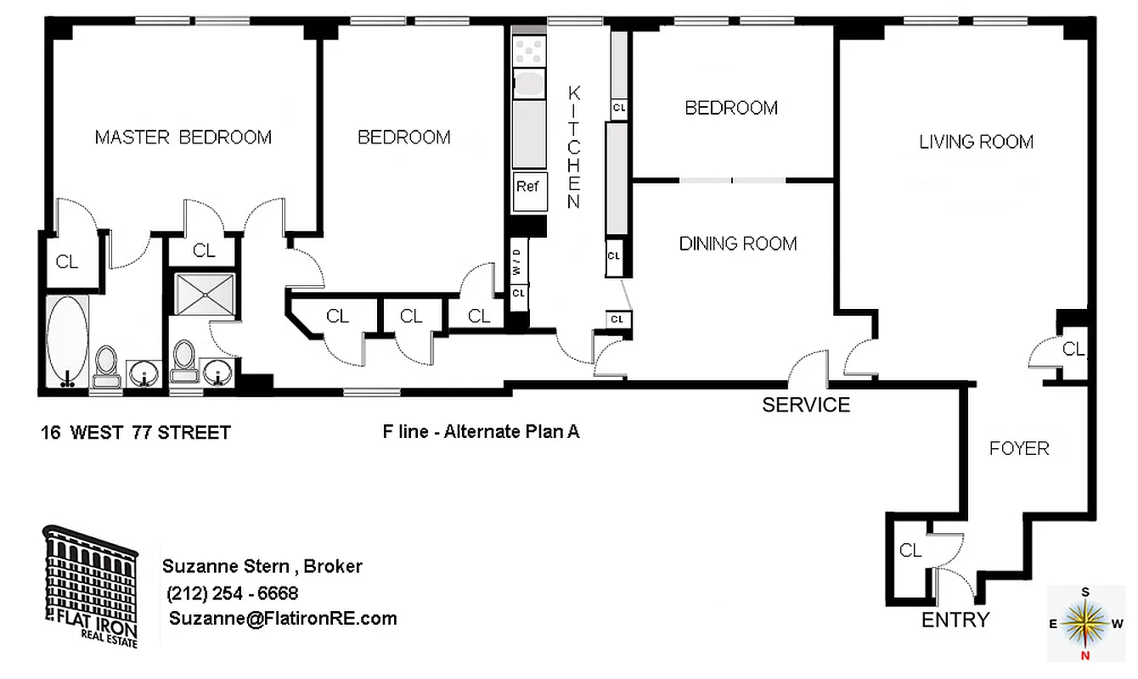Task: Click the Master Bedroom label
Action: (x=183, y=137)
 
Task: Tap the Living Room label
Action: (x=976, y=142)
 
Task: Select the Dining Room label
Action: (x=737, y=244)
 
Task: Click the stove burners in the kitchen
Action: (x=528, y=50)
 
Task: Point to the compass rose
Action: (x=1086, y=624)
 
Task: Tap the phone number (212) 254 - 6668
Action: (x=233, y=593)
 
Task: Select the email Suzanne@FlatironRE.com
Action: (x=282, y=619)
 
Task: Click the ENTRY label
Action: (x=955, y=620)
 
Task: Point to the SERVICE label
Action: (x=805, y=405)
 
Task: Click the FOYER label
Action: (x=1018, y=448)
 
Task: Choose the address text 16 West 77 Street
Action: (x=135, y=433)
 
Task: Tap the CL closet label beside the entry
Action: (x=910, y=551)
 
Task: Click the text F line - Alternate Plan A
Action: (x=481, y=431)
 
